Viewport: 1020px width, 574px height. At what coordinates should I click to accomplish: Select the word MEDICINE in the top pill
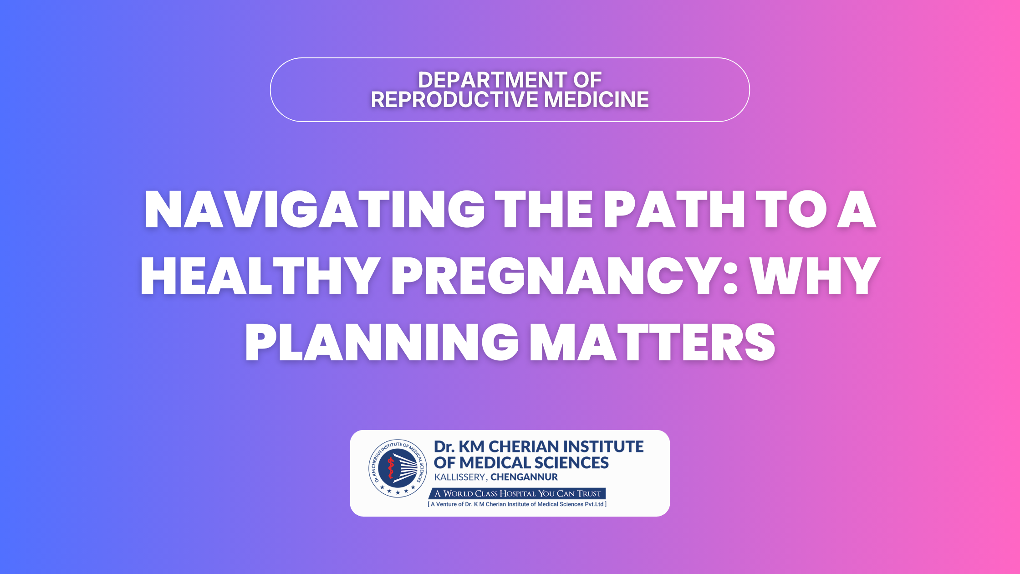[597, 100]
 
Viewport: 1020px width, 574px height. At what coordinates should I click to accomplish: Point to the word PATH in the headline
[674, 209]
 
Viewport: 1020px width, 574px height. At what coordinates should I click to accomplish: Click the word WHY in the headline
[815, 276]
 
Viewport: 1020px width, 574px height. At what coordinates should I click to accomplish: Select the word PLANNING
[382, 343]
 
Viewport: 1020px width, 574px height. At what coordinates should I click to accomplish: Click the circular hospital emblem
[398, 468]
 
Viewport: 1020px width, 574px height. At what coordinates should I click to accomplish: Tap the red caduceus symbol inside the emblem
[390, 468]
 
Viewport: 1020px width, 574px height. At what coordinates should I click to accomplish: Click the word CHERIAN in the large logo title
[522, 446]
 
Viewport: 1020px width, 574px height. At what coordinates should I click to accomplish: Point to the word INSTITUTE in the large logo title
[601, 446]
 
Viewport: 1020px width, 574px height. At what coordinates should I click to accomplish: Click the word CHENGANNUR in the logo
[524, 477]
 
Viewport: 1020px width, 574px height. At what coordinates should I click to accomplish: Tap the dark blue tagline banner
[517, 493]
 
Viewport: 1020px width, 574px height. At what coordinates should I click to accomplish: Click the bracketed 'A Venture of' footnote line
[517, 504]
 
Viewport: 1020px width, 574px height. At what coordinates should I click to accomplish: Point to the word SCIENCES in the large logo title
[571, 463]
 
